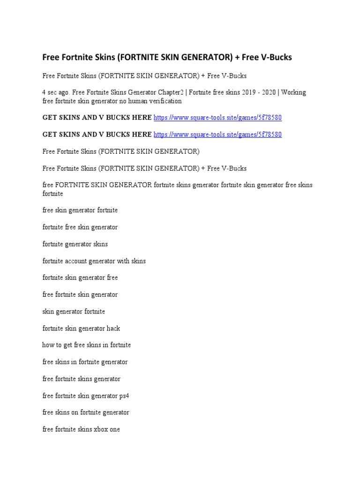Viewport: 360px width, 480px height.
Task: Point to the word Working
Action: pyautogui.click(x=294, y=92)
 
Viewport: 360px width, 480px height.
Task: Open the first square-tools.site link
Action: pyautogui.click(x=217, y=118)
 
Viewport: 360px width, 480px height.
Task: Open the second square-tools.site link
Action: pyautogui.click(x=217, y=135)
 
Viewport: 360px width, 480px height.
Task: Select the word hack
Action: pyautogui.click(x=113, y=329)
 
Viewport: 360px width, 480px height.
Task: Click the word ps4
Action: pyautogui.click(x=124, y=396)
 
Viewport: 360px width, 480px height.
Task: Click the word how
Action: pyautogui.click(x=48, y=345)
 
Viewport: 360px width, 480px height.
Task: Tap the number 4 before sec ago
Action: pyautogui.click(x=44, y=92)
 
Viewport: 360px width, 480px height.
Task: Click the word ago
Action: pyautogui.click(x=66, y=92)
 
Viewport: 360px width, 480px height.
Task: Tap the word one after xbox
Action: pyautogui.click(x=115, y=429)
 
